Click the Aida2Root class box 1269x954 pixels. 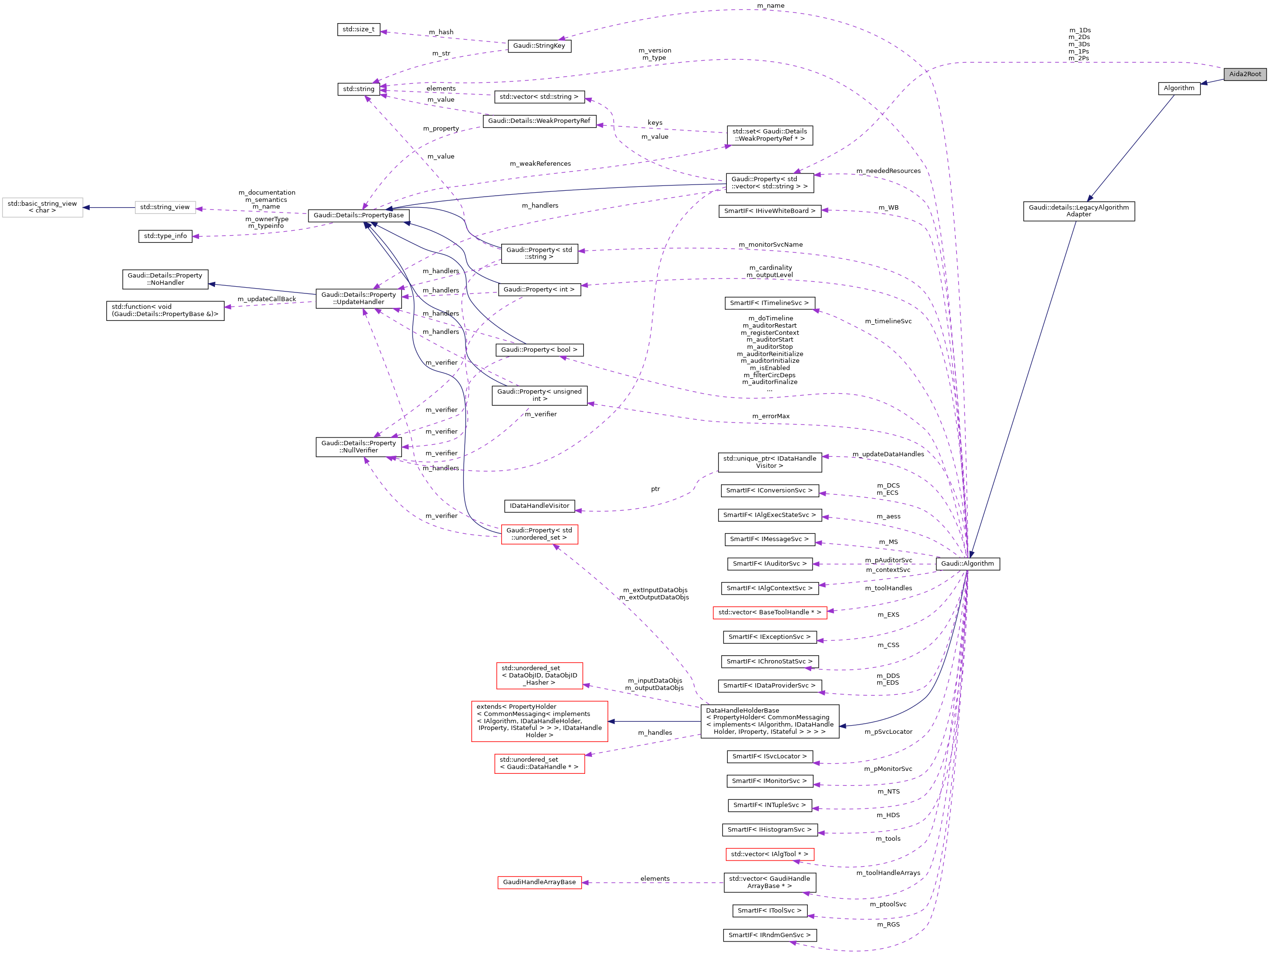[1244, 74]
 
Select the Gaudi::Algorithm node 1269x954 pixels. [967, 563]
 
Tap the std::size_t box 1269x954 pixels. [358, 29]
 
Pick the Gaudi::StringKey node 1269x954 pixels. [539, 46]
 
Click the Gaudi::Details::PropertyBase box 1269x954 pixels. [359, 215]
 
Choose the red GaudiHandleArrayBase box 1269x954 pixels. [539, 882]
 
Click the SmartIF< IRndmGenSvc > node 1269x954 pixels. [769, 935]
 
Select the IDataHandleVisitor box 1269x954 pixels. [539, 506]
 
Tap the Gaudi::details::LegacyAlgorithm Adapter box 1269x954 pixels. [1079, 211]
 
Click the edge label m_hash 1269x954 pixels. [441, 32]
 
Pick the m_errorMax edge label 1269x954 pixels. [771, 416]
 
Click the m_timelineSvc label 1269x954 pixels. [888, 321]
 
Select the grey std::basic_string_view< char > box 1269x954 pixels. [42, 207]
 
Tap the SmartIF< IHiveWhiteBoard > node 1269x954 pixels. [769, 211]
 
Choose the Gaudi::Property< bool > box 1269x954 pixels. [539, 349]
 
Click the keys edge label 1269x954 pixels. [655, 123]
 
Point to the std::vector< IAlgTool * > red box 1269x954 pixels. [769, 854]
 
